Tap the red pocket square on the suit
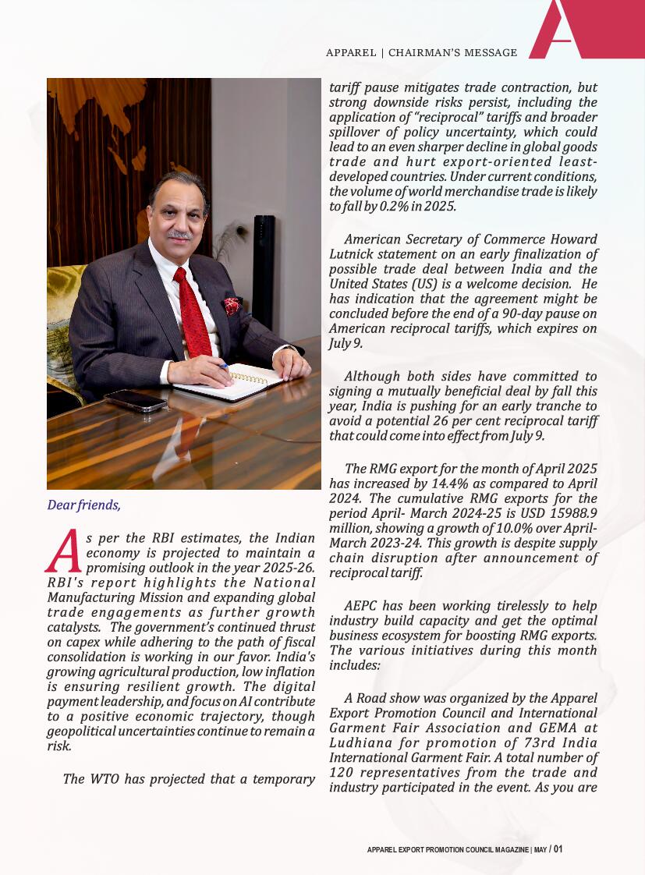(232, 305)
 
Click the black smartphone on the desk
(136, 400)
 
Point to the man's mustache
(180, 234)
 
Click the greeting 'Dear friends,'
(84, 505)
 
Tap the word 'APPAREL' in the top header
(351, 53)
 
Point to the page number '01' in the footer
(558, 849)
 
